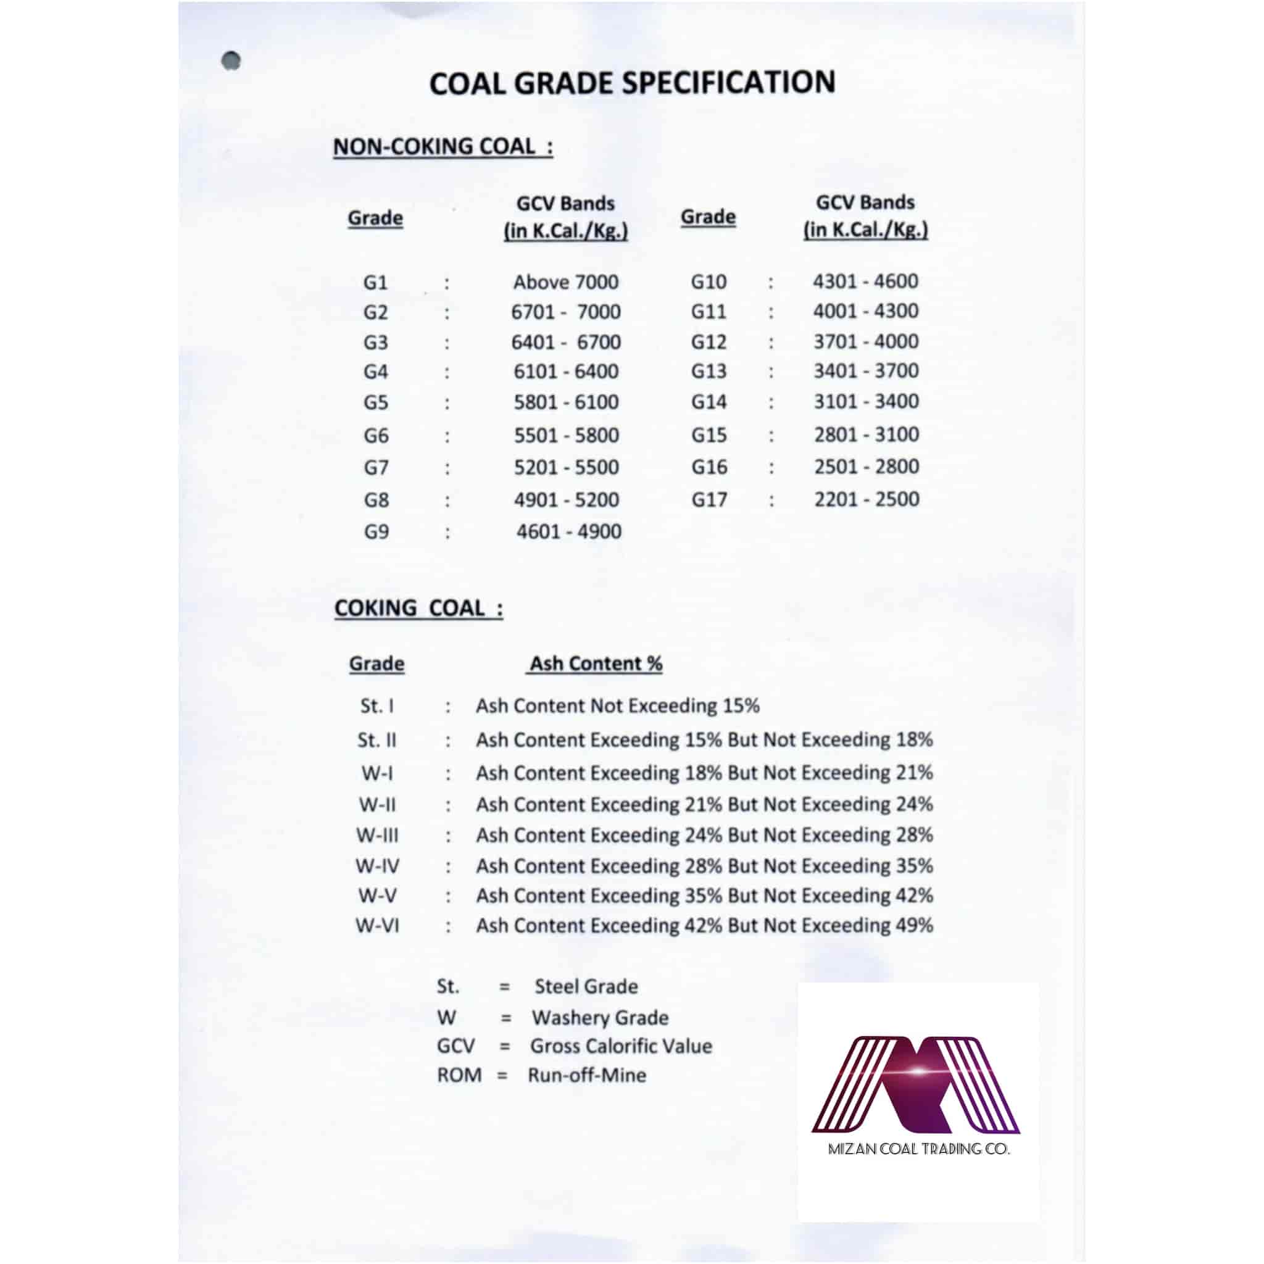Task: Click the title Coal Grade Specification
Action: tap(632, 83)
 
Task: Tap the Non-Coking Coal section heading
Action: tap(443, 146)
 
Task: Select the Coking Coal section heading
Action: tap(418, 608)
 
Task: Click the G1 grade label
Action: tap(375, 283)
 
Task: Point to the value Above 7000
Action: tap(566, 282)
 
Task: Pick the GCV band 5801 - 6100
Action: tap(566, 402)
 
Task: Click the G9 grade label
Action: tap(376, 531)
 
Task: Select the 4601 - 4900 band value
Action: tap(568, 531)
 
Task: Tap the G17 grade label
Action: tap(709, 500)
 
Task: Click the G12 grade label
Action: tap(709, 341)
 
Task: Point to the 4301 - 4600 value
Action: tap(865, 281)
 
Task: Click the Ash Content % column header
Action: tap(596, 663)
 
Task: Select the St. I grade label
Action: tap(377, 706)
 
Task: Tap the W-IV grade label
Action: tap(378, 866)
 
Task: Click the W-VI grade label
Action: tap(378, 926)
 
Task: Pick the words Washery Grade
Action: tap(600, 1017)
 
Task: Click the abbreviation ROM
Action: tap(459, 1075)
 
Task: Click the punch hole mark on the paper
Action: tap(231, 61)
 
